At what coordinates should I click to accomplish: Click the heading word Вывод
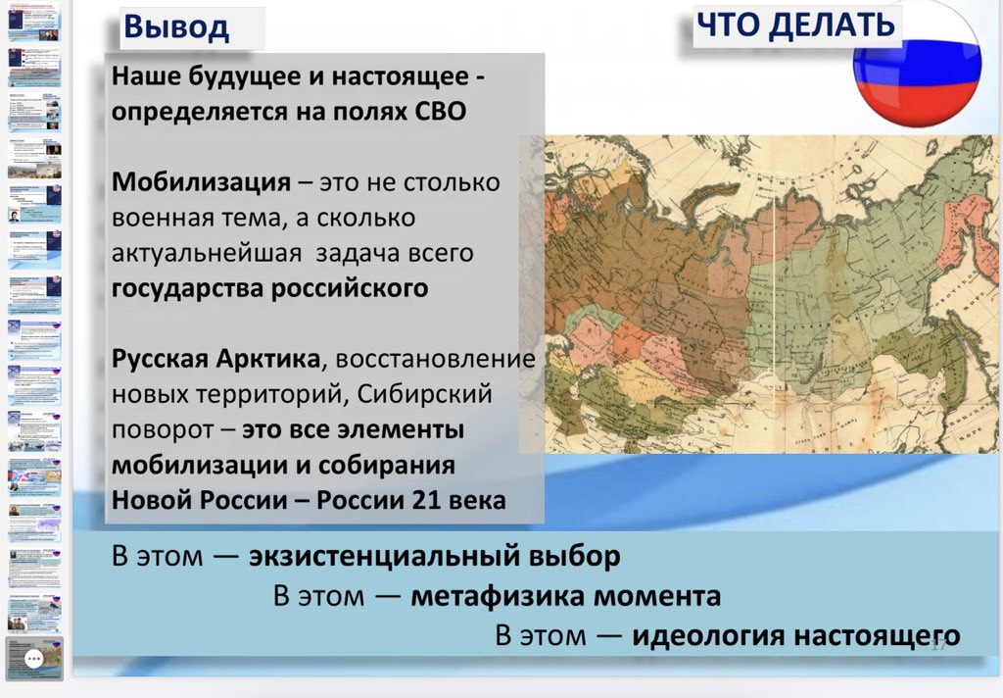tap(176, 27)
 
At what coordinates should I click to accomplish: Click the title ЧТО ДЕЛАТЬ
tap(794, 25)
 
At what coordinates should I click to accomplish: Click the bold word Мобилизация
tap(201, 182)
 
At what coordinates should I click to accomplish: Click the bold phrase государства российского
tap(269, 288)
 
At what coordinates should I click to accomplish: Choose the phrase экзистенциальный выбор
tap(434, 557)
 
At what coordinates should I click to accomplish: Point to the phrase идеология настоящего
tap(795, 635)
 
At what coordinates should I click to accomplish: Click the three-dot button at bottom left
tap(33, 659)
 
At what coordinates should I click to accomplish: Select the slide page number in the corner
tap(937, 644)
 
